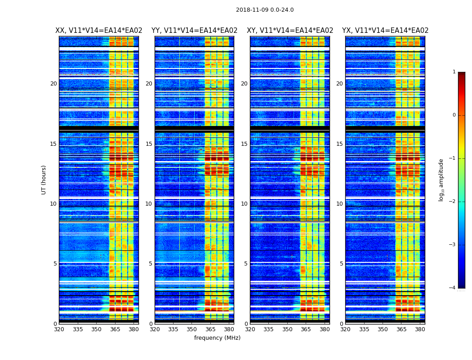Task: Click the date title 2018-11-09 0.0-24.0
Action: pyautogui.click(x=264, y=10)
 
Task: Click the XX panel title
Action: pyautogui.click(x=98, y=31)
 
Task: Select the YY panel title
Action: pyautogui.click(x=194, y=31)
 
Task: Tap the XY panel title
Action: pyautogui.click(x=290, y=31)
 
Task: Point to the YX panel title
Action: pyautogui.click(x=385, y=31)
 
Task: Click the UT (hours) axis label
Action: pyautogui.click(x=44, y=180)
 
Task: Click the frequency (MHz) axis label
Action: pyautogui.click(x=217, y=338)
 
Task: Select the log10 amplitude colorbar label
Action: pyautogui.click(x=441, y=180)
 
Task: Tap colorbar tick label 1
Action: pyautogui.click(x=454, y=72)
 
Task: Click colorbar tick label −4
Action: pyautogui.click(x=453, y=288)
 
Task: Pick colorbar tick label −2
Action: pyautogui.click(x=453, y=202)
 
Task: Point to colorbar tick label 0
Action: pyautogui.click(x=454, y=115)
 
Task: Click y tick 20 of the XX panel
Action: pyautogui.click(x=53, y=84)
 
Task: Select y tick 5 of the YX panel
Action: pyautogui.click(x=342, y=264)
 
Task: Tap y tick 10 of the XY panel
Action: pyautogui.click(x=244, y=204)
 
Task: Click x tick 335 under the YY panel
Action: pyautogui.click(x=173, y=329)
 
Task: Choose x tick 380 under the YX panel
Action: pyautogui.click(x=420, y=329)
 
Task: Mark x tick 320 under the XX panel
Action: pyautogui.click(x=59, y=329)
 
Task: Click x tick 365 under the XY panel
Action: pyautogui.click(x=306, y=329)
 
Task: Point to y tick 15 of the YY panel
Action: pyautogui.click(x=149, y=144)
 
